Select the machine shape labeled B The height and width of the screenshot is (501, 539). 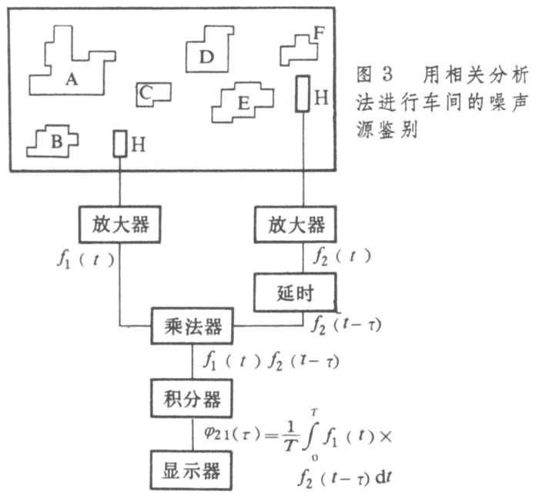point(54,139)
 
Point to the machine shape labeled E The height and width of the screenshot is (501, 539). point(243,102)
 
